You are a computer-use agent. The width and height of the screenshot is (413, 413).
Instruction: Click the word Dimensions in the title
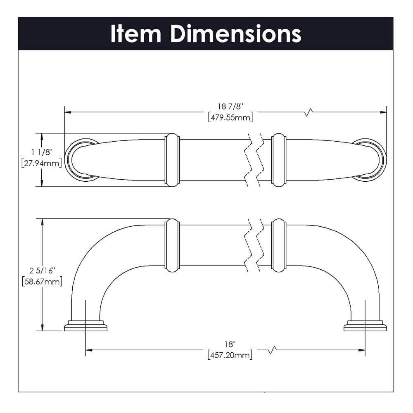click(x=236, y=34)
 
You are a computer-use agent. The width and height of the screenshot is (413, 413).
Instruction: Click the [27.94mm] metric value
click(x=41, y=164)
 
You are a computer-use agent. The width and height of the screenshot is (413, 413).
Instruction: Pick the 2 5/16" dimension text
click(x=41, y=271)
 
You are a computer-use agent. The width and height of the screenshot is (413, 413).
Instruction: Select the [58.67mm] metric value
click(x=41, y=282)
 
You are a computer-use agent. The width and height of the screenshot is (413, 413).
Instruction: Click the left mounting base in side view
click(x=85, y=326)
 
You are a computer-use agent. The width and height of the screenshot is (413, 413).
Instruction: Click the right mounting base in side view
click(x=365, y=326)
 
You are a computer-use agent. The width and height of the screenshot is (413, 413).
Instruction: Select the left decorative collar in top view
click(x=172, y=159)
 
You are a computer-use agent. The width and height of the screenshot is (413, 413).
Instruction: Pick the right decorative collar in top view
click(x=279, y=159)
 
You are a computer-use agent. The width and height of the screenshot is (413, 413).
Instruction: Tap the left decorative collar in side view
click(x=172, y=246)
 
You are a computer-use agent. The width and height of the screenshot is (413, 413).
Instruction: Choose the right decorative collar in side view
click(x=279, y=246)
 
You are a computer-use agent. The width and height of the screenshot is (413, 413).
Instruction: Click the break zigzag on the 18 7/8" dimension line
click(x=308, y=112)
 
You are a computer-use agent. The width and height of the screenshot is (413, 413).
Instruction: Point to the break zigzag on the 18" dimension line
click(x=272, y=350)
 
